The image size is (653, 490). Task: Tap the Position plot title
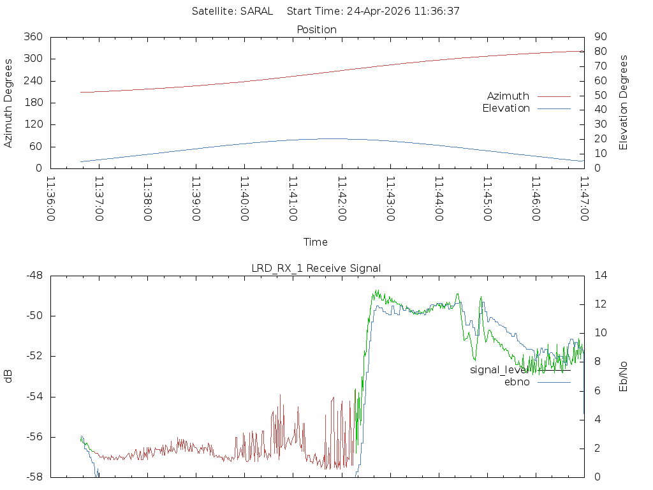point(317,30)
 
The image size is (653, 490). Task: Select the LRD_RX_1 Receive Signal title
point(316,268)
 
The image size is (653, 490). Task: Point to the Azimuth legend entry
point(508,96)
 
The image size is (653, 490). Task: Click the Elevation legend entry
point(506,108)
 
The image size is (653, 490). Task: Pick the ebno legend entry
point(517,382)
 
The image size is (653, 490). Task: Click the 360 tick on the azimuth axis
point(33,37)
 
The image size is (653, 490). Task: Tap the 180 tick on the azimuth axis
point(33,103)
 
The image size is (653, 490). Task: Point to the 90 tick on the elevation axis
point(600,37)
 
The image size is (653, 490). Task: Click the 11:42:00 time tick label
point(342,199)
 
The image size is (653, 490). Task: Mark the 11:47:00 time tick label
point(584,199)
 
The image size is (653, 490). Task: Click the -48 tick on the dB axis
point(33,276)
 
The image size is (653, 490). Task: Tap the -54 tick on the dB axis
point(33,397)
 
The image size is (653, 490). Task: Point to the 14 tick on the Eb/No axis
point(601,276)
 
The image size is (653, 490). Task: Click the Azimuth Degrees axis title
point(9,103)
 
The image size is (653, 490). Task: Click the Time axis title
point(316,242)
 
